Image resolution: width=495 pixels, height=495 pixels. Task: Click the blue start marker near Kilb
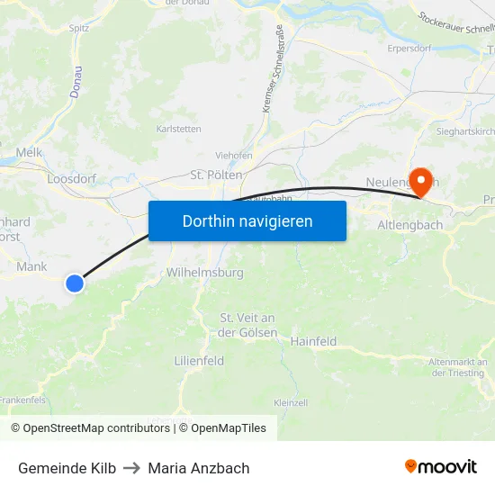[75, 283]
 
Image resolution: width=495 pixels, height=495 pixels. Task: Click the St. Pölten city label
[217, 175]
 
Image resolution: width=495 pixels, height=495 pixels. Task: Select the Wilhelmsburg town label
[205, 273]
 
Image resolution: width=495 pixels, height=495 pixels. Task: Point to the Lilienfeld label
[198, 360]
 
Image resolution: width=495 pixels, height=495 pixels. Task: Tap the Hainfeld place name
[313, 342]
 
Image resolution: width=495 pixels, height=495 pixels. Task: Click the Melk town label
[29, 153]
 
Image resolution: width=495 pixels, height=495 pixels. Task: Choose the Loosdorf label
[71, 179]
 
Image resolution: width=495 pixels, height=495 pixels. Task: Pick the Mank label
[31, 266]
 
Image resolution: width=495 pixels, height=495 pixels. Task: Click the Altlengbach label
[410, 225]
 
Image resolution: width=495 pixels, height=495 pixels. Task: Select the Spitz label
[79, 28]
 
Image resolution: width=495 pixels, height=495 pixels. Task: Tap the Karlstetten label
[179, 129]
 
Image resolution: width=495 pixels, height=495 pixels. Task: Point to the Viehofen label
[234, 155]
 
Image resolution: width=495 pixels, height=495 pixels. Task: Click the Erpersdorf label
[409, 48]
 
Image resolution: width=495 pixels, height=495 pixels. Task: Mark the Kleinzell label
[291, 402]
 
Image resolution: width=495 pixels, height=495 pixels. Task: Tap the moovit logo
[441, 467]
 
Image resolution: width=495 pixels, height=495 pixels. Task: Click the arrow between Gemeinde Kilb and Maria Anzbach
[132, 468]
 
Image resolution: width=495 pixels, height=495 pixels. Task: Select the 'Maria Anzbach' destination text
[199, 468]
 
